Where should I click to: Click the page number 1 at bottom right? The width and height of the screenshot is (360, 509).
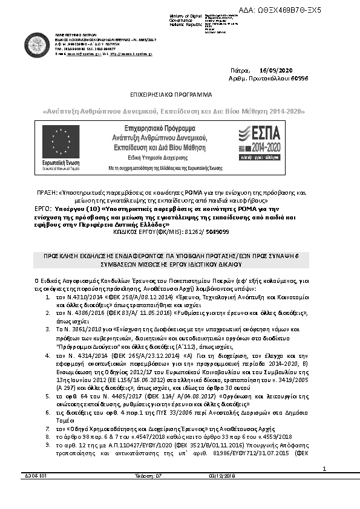(x=324, y=485)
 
